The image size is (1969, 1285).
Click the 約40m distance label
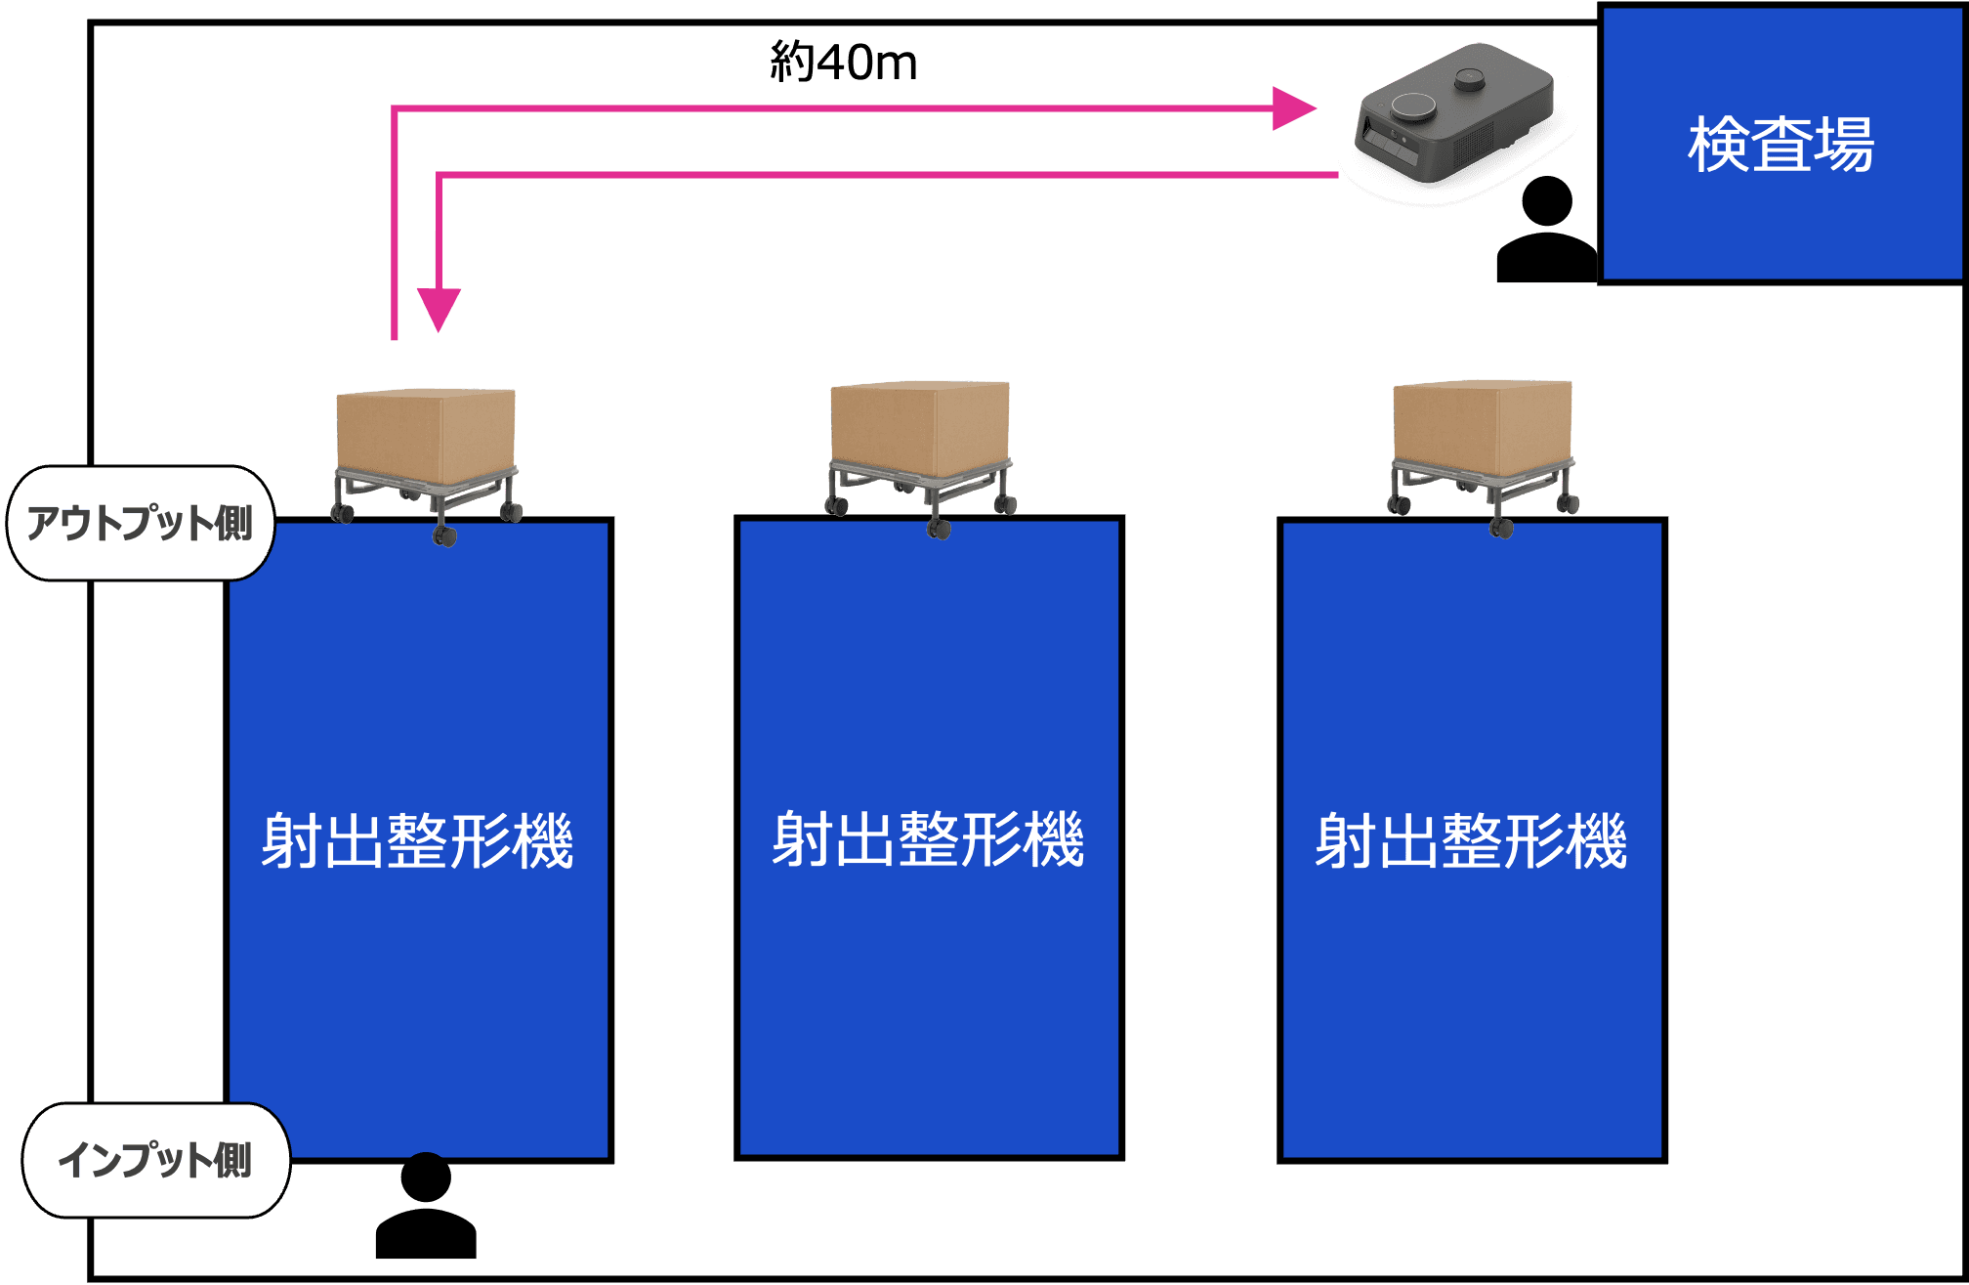[843, 63]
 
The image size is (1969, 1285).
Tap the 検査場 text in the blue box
[1780, 145]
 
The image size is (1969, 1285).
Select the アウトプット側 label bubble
[140, 523]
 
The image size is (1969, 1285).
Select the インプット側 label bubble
[155, 1160]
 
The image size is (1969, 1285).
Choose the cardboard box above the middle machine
[919, 427]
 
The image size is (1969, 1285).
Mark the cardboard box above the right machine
[1482, 427]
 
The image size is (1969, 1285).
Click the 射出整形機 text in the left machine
[417, 841]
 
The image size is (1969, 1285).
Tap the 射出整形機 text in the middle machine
[928, 839]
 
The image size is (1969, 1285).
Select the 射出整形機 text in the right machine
[1471, 841]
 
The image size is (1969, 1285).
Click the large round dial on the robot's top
[1413, 107]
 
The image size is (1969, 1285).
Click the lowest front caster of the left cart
[445, 535]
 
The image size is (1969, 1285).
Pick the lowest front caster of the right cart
[1501, 529]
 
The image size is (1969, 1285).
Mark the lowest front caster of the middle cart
[940, 529]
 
